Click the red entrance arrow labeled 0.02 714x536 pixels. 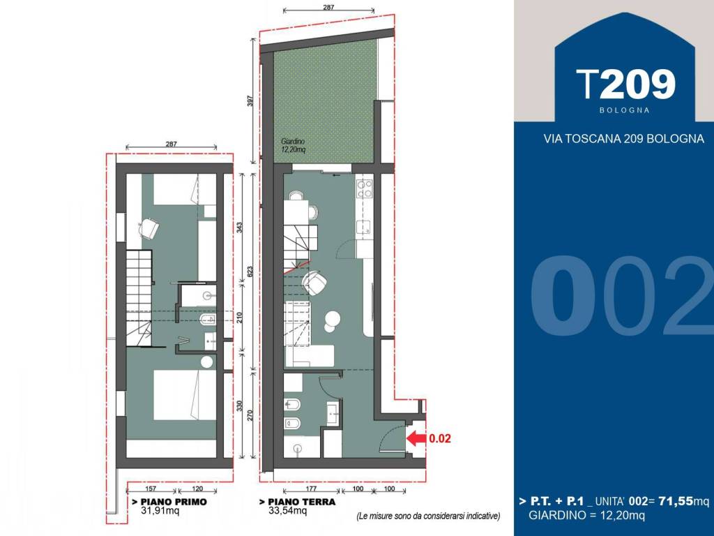pos(416,438)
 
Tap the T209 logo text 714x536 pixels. pos(625,84)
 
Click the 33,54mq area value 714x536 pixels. pos(288,511)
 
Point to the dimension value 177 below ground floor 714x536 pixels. pos(312,490)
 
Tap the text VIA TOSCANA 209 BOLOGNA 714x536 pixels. pos(623,139)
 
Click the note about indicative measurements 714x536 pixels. pos(428,516)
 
